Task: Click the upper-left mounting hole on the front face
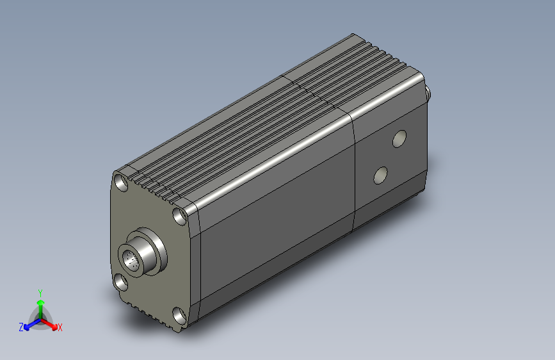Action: [122, 183]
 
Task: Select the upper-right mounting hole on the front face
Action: [179, 216]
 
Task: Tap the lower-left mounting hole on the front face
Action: [120, 282]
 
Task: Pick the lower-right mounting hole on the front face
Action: [179, 316]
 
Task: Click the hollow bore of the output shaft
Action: [131, 259]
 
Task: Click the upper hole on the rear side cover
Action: [399, 138]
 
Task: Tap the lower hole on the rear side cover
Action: [380, 176]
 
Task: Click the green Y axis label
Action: [40, 293]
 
